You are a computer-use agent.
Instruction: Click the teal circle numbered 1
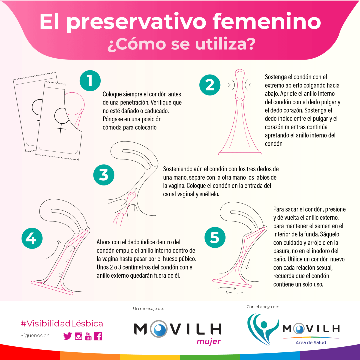tap(90, 81)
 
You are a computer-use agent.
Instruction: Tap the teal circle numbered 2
tap(210, 85)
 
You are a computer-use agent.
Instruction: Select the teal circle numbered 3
tap(104, 175)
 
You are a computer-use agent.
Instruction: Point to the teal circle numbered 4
tap(32, 238)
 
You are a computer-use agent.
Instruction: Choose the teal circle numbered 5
tap(215, 237)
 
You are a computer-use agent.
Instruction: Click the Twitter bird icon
tap(68, 336)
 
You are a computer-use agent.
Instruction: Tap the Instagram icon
tap(79, 336)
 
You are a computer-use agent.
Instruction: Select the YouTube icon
tap(88, 336)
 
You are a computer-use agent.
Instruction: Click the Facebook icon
tap(98, 336)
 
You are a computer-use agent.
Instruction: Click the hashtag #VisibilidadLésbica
tap(62, 323)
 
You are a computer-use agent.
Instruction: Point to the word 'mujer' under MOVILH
tap(209, 341)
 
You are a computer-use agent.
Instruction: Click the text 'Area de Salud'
tap(311, 343)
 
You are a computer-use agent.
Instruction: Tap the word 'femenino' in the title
tap(267, 21)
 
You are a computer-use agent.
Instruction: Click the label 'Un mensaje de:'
tap(148, 309)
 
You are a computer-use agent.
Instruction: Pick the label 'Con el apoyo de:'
tap(263, 307)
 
